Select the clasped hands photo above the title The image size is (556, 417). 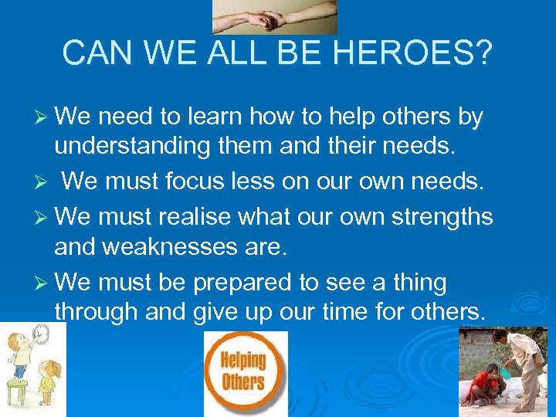click(275, 16)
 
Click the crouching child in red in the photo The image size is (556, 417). click(483, 385)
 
